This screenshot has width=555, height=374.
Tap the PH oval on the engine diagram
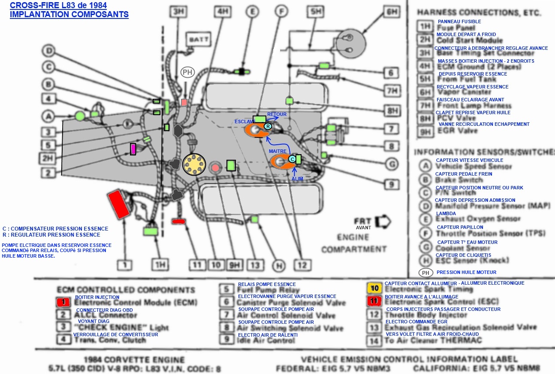tap(187, 72)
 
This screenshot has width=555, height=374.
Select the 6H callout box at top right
tap(392, 12)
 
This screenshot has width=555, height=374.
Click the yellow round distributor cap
tap(194, 164)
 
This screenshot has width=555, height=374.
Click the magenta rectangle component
tap(133, 149)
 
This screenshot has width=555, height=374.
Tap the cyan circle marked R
tap(268, 126)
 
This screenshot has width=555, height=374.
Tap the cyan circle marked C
tap(292, 159)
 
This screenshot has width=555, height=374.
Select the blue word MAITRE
tap(277, 152)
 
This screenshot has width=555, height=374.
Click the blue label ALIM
tap(297, 178)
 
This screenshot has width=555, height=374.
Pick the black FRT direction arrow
tap(382, 221)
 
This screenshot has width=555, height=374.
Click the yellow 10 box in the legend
tap(374, 288)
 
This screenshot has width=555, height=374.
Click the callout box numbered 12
tap(302, 265)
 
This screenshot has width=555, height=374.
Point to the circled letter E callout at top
tap(253, 12)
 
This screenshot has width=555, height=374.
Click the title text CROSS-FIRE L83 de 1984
tap(58, 6)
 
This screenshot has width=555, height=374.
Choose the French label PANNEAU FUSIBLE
tap(459, 21)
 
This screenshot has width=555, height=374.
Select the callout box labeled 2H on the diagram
tap(47, 158)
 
